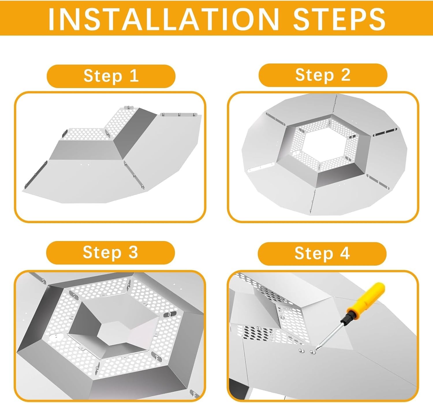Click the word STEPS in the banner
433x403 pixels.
pyautogui.click(x=339, y=18)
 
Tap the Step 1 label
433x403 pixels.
pyautogui.click(x=111, y=76)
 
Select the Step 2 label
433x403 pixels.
pyautogui.click(x=323, y=75)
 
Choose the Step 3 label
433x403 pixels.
pyautogui.click(x=111, y=252)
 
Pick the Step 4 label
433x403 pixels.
pyautogui.click(x=322, y=253)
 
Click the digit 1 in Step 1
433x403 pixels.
pyautogui.click(x=134, y=76)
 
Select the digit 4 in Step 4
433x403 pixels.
pyautogui.click(x=345, y=253)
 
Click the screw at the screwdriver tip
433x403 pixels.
pyautogui.click(x=312, y=352)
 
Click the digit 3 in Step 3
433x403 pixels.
pyautogui.click(x=133, y=252)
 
